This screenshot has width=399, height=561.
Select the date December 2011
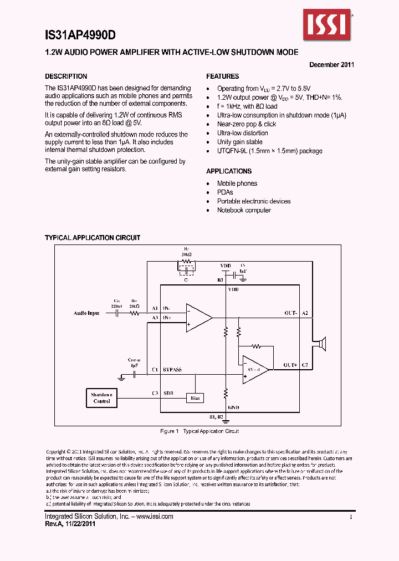click(x=331, y=64)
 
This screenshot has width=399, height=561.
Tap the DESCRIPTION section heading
click(x=66, y=76)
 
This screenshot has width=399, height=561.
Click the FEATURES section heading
click(x=223, y=76)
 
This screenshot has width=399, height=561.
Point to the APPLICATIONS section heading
click(x=229, y=171)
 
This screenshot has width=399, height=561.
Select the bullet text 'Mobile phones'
click(x=237, y=183)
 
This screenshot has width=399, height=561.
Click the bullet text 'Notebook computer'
click(x=244, y=210)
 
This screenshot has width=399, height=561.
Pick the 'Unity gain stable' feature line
click(x=240, y=142)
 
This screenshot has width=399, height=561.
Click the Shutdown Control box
click(x=102, y=397)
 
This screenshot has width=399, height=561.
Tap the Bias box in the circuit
click(x=195, y=398)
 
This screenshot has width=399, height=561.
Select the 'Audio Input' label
click(x=86, y=313)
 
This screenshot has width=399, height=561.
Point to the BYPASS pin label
click(x=172, y=369)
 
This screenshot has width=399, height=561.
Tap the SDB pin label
click(x=168, y=393)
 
